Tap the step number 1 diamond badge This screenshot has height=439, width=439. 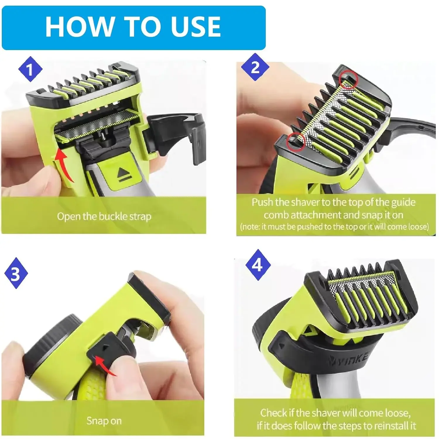click(x=30, y=70)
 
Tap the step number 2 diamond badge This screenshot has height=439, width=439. click(x=255, y=67)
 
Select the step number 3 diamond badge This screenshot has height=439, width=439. click(x=16, y=273)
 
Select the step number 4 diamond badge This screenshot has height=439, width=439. click(x=258, y=265)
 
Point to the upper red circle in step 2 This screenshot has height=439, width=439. click(x=348, y=80)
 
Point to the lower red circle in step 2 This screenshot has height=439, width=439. click(x=296, y=141)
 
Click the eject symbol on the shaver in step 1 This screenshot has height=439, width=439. click(x=122, y=175)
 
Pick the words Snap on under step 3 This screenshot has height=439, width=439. click(x=104, y=421)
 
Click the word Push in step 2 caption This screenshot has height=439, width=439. click(x=263, y=202)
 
